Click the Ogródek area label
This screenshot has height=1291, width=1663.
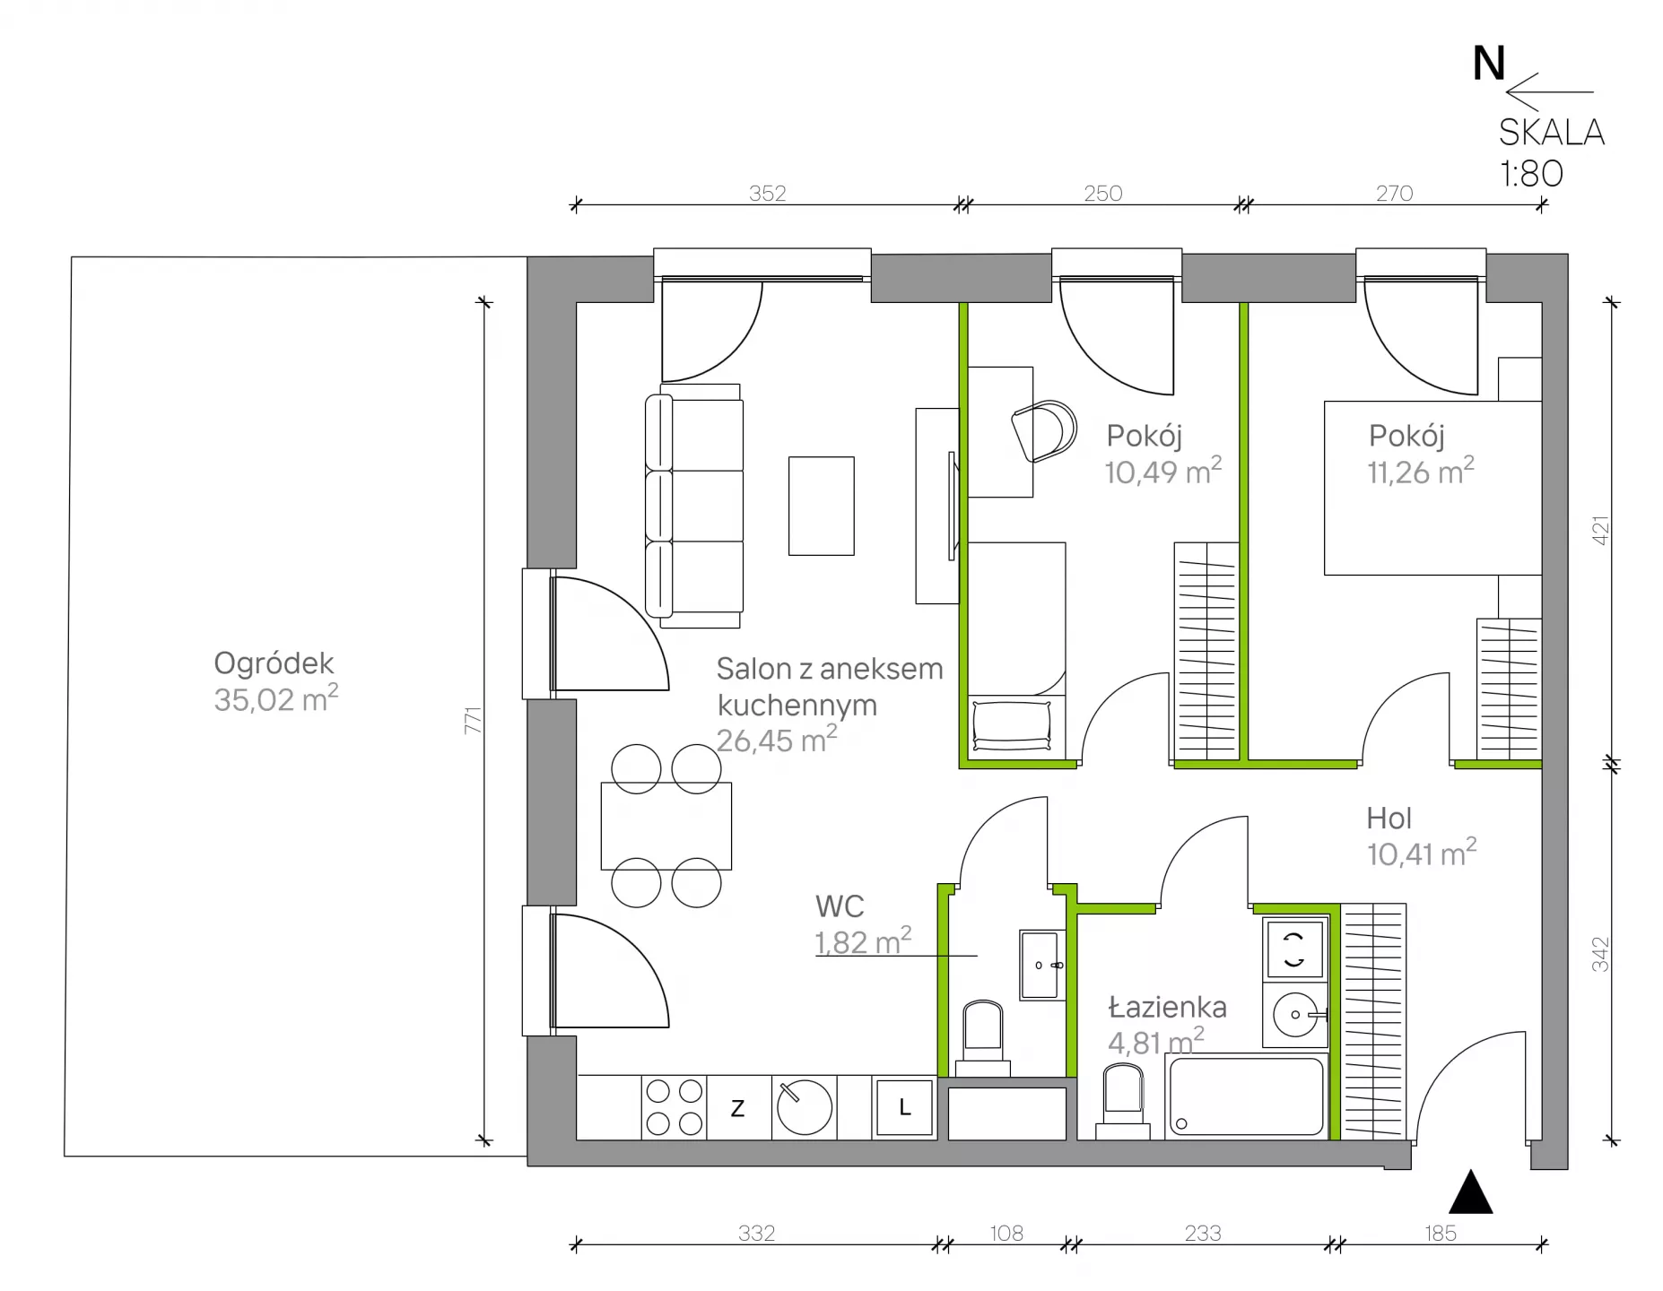point(274,664)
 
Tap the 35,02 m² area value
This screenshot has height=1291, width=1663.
point(275,698)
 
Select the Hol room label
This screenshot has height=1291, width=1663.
point(1389,818)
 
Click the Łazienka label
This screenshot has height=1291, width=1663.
point(1167,1007)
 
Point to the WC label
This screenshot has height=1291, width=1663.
point(840,906)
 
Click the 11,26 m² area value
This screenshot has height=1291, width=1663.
point(1421,471)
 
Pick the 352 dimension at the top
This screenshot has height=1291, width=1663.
point(767,193)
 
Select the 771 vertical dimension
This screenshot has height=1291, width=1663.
point(473,721)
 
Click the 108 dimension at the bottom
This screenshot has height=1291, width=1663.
point(1006,1234)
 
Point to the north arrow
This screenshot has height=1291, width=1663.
point(1549,91)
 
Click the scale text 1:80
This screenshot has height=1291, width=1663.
point(1532,173)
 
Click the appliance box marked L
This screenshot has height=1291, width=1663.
point(904,1108)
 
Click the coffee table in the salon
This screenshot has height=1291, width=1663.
point(821,506)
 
